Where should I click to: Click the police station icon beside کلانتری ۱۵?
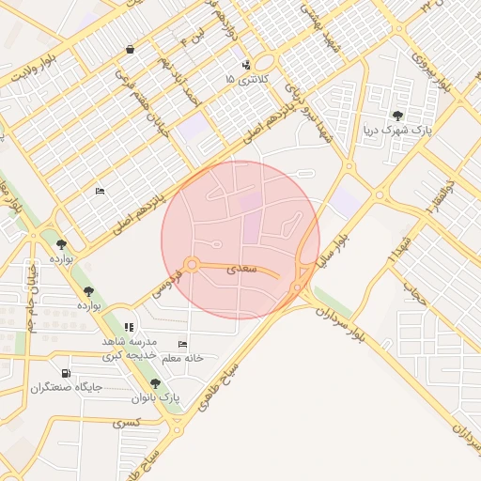(245, 66)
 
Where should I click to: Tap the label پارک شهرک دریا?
(398, 131)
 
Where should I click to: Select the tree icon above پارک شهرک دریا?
(398, 116)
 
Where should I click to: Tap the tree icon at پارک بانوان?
(155, 383)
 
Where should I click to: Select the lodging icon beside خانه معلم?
(182, 344)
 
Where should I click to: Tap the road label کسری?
(125, 424)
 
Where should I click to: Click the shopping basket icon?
(129, 49)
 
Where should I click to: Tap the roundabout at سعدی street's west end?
(192, 265)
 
